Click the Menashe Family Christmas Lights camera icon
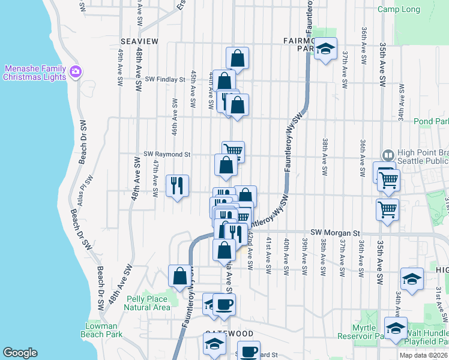pyautogui.click(x=76, y=72)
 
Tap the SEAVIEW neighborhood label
pyautogui.click(x=139, y=41)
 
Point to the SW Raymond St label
pyautogui.click(x=167, y=154)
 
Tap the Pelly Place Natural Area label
pyautogui.click(x=147, y=302)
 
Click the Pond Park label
pyautogui.click(x=431, y=121)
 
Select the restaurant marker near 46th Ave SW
pyautogui.click(x=178, y=185)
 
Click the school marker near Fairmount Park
pyautogui.click(x=325, y=49)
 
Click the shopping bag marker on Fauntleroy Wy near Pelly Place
pyautogui.click(x=179, y=276)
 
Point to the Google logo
pyautogui.click(x=20, y=353)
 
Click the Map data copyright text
pyautogui.click(x=423, y=355)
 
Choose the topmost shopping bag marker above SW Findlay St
pyautogui.click(x=238, y=59)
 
